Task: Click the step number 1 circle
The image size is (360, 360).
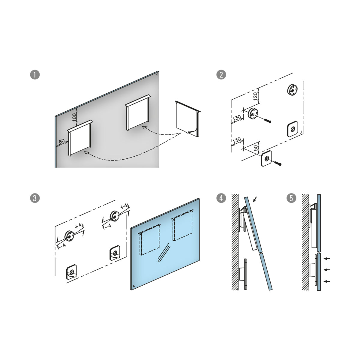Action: [x=35, y=74]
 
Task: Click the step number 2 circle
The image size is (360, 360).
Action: [x=221, y=74]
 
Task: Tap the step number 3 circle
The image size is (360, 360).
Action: [x=35, y=198]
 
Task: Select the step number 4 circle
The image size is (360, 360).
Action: [x=221, y=198]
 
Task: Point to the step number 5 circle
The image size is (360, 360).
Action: [x=291, y=198]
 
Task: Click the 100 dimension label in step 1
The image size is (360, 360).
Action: [x=74, y=117]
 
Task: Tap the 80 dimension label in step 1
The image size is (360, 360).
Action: [x=62, y=141]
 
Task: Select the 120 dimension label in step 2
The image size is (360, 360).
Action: [x=255, y=96]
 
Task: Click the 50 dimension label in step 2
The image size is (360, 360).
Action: [x=256, y=148]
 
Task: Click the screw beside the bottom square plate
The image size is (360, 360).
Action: [x=278, y=164]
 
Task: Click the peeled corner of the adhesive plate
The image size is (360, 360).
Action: [x=192, y=131]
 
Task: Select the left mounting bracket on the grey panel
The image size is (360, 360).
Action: [x=80, y=138]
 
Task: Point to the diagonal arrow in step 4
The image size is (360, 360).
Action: [x=255, y=199]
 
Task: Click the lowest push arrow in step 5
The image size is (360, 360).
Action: [x=327, y=286]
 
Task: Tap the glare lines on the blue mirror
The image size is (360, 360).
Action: [x=164, y=253]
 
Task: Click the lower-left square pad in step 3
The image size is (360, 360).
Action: [x=71, y=272]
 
